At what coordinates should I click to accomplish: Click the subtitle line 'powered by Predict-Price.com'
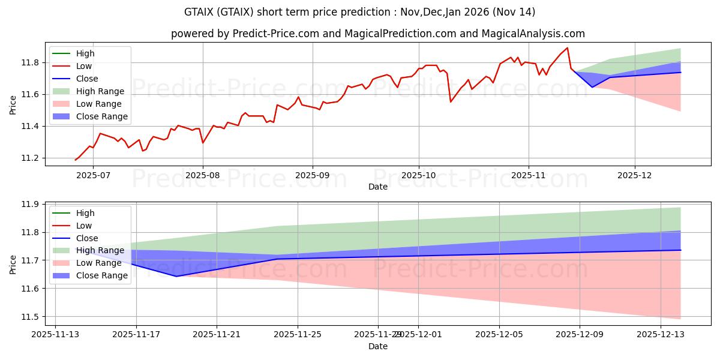point(377,34)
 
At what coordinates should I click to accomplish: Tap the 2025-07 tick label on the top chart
point(93,175)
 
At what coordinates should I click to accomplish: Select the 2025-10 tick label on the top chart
point(418,175)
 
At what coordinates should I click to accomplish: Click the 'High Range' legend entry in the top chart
point(100,91)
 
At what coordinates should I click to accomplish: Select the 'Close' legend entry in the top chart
point(87,79)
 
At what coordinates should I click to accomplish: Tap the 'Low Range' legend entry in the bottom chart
point(99,263)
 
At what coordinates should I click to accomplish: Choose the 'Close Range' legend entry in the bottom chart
point(101,275)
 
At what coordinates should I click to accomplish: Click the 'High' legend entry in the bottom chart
point(85,213)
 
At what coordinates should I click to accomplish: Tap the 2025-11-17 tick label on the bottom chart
point(136,334)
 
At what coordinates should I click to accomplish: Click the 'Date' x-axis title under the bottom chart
point(377,346)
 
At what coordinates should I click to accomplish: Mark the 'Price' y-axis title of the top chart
point(13,105)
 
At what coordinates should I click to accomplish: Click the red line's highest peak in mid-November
point(567,48)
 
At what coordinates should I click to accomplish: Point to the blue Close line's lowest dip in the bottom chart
point(176,277)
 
